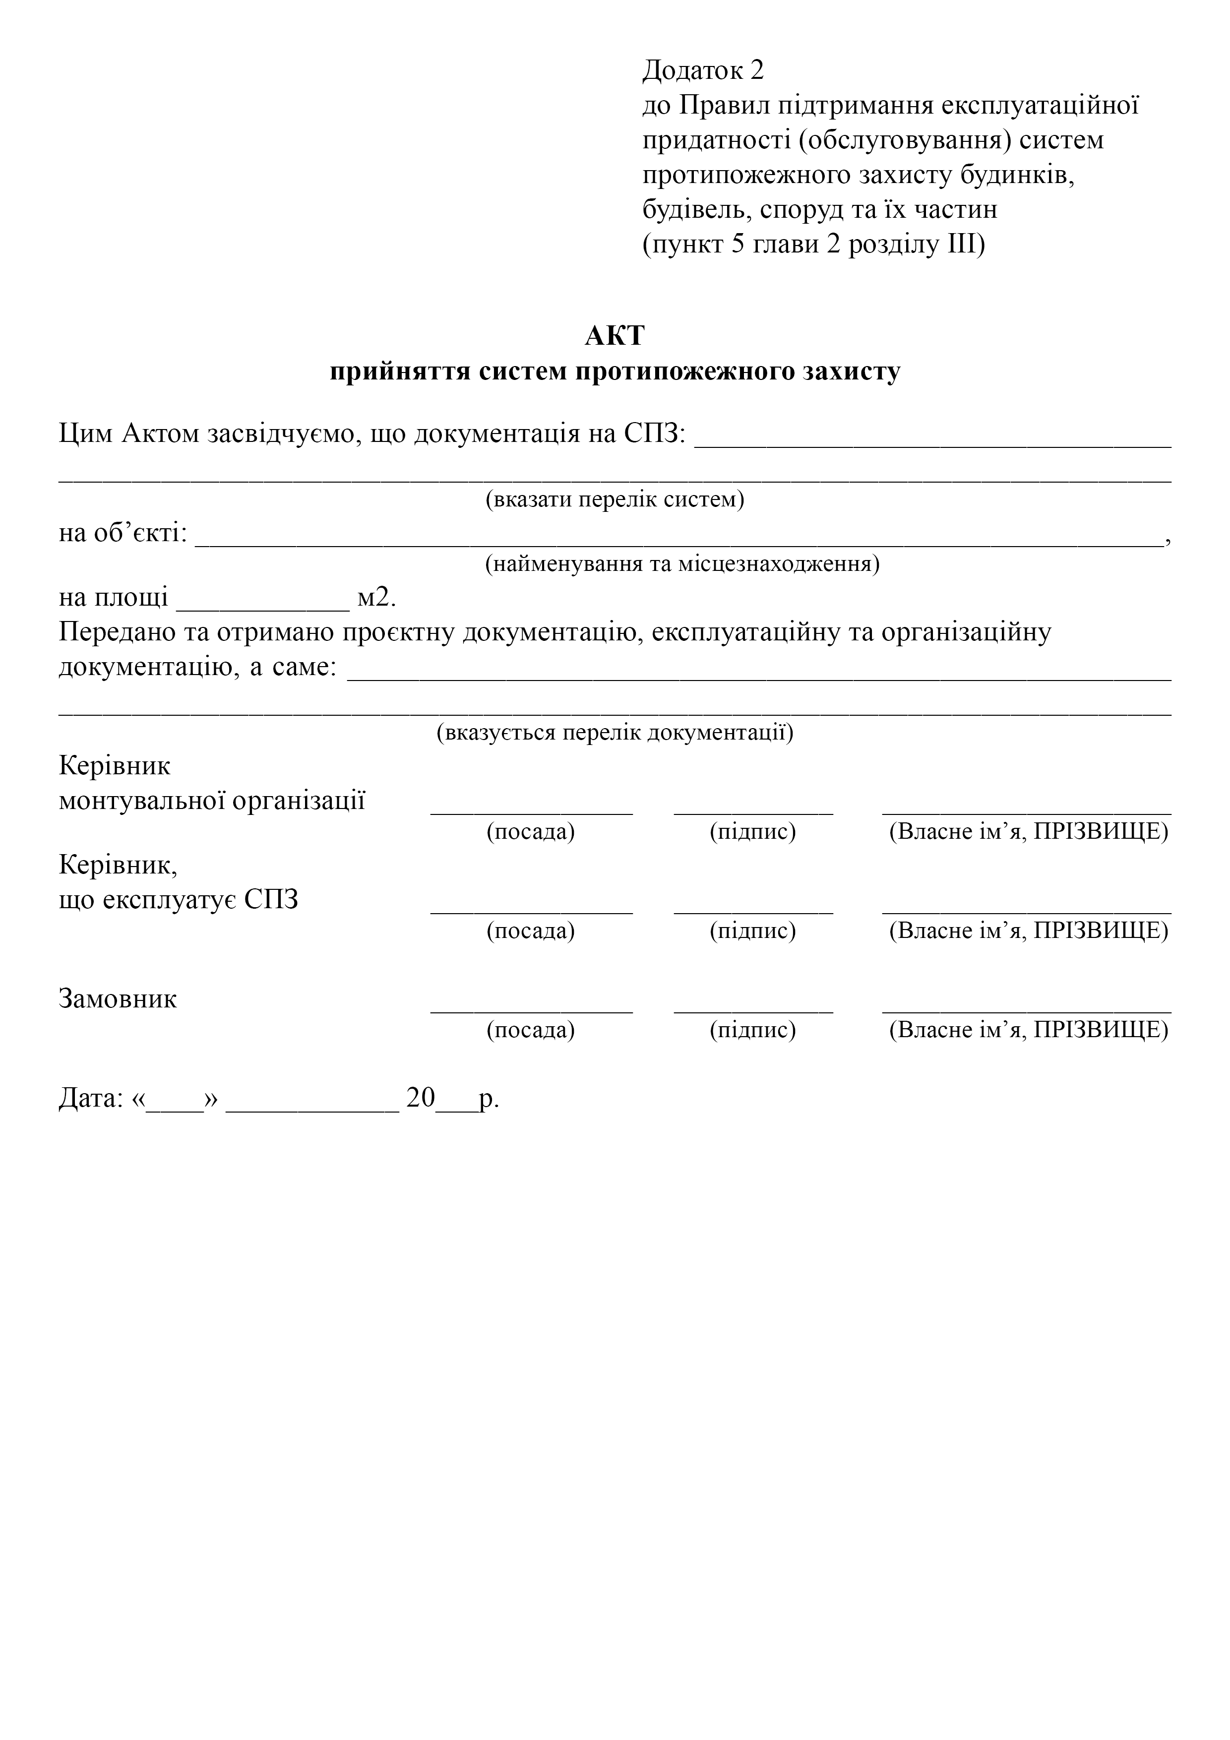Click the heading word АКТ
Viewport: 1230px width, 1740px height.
[615, 336]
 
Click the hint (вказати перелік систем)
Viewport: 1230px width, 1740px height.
[615, 500]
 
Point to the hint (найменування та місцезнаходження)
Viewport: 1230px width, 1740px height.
[682, 564]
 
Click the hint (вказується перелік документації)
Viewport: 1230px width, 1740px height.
[615, 733]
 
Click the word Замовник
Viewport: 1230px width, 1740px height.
[118, 999]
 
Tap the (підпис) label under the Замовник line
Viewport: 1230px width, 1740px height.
[752, 1030]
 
